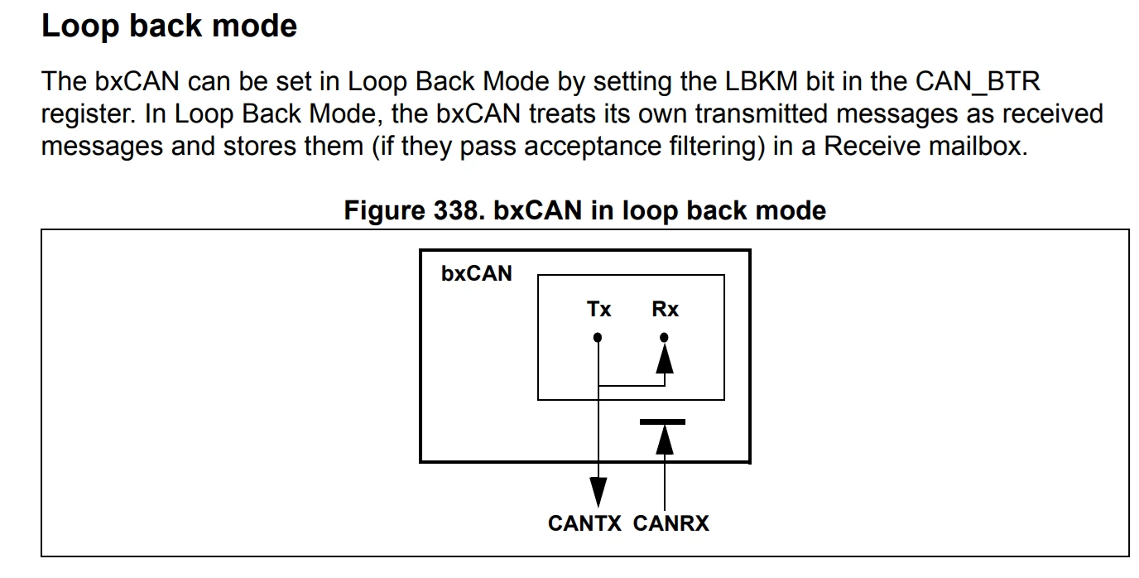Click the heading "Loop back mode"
[x=170, y=26]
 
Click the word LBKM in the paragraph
[x=762, y=81]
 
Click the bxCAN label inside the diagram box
[x=477, y=274]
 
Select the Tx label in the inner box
[x=598, y=310]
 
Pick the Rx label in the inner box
[x=665, y=310]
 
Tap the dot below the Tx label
[x=598, y=337]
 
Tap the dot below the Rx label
[x=664, y=337]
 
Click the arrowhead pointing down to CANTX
[x=598, y=492]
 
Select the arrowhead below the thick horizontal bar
[x=665, y=440]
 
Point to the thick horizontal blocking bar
[x=662, y=421]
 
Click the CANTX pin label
[x=584, y=523]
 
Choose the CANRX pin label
[x=671, y=523]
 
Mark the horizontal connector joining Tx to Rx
[x=632, y=386]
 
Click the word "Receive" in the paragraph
[x=872, y=146]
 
